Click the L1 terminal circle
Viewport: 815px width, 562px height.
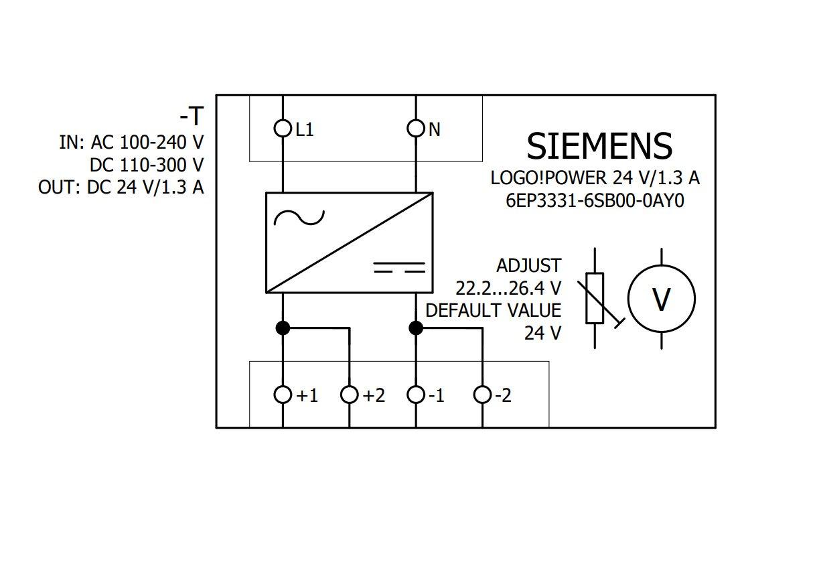(283, 128)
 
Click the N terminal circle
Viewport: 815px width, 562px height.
(416, 128)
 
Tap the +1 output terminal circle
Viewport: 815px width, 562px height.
(283, 395)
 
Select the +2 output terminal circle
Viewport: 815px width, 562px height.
(349, 395)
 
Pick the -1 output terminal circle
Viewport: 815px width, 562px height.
(416, 395)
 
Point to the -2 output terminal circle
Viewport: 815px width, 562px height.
(482, 395)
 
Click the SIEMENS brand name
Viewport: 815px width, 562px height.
(599, 146)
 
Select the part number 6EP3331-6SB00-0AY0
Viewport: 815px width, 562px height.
(595, 201)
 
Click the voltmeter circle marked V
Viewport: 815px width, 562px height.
(661, 299)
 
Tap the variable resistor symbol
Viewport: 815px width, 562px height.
(595, 299)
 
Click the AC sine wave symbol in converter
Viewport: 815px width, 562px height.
(299, 217)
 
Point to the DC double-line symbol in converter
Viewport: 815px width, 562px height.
(399, 267)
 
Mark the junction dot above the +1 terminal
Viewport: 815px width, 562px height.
(283, 328)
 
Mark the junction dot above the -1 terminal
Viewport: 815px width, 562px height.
(416, 328)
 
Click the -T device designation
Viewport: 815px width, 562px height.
(191, 117)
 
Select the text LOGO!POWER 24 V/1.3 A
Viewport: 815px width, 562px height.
(595, 178)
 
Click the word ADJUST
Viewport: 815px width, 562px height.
(528, 265)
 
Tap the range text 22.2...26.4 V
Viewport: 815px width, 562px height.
(508, 288)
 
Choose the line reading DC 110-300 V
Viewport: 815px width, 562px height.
(147, 165)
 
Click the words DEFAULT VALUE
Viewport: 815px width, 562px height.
(494, 310)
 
